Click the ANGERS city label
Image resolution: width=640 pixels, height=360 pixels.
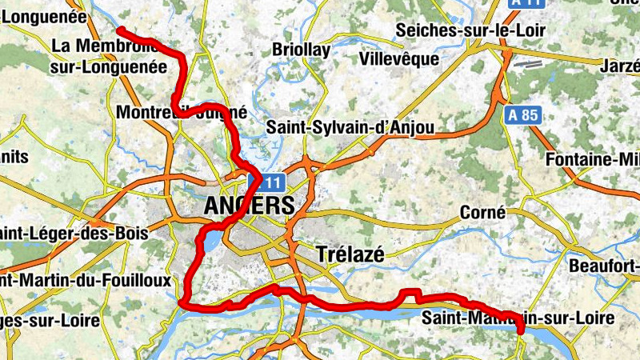point(249,206)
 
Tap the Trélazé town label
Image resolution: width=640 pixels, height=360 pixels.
point(350,254)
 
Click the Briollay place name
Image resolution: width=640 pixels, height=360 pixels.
point(301,50)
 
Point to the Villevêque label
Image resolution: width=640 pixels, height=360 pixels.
point(399,59)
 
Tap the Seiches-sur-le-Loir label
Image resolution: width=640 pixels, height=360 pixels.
point(470,30)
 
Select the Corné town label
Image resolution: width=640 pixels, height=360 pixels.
point(483,213)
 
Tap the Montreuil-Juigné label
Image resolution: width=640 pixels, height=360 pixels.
point(181,113)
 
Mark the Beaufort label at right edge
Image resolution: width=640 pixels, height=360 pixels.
point(604,265)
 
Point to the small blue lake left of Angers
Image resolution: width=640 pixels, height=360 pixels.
point(209,239)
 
